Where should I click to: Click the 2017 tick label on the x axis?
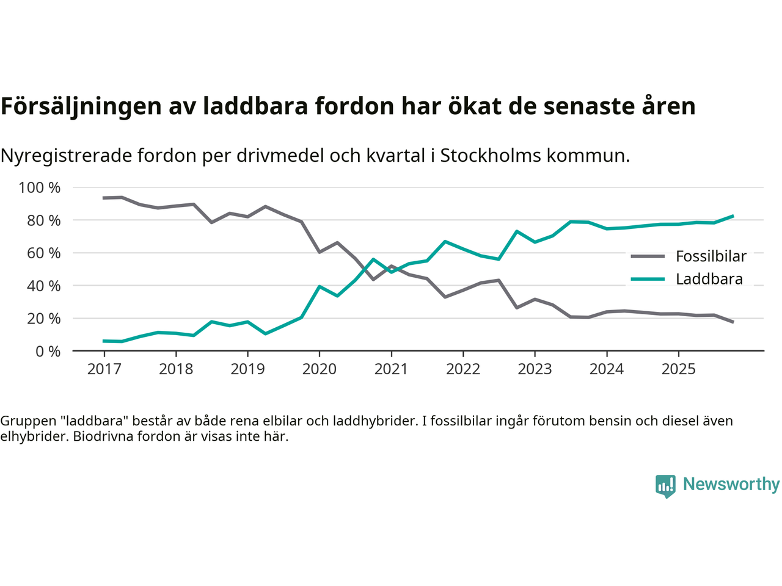104,369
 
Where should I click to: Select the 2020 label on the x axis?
320,369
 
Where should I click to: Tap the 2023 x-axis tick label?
535,369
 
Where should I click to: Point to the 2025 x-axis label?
678,369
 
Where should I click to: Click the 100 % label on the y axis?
40,187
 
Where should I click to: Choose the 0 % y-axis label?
48,351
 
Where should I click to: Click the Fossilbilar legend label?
711,256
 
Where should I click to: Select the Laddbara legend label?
709,279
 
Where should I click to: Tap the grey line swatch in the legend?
648,256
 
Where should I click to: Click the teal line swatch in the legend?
648,279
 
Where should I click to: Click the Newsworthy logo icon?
665,486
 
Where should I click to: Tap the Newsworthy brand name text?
731,484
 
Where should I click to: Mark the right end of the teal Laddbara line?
733,216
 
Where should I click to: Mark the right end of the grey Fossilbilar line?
733,322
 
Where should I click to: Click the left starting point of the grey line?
104,198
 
